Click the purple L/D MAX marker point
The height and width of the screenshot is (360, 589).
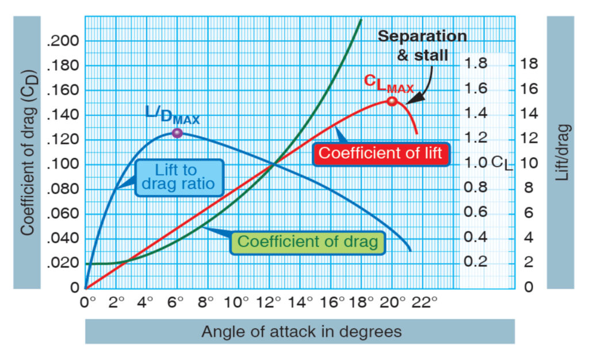177,133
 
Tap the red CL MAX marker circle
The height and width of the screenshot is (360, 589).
392,101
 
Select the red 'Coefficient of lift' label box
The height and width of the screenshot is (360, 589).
380,153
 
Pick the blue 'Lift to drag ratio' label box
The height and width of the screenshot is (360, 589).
176,177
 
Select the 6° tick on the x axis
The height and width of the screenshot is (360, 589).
177,301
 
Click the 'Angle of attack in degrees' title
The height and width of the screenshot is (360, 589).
301,332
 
